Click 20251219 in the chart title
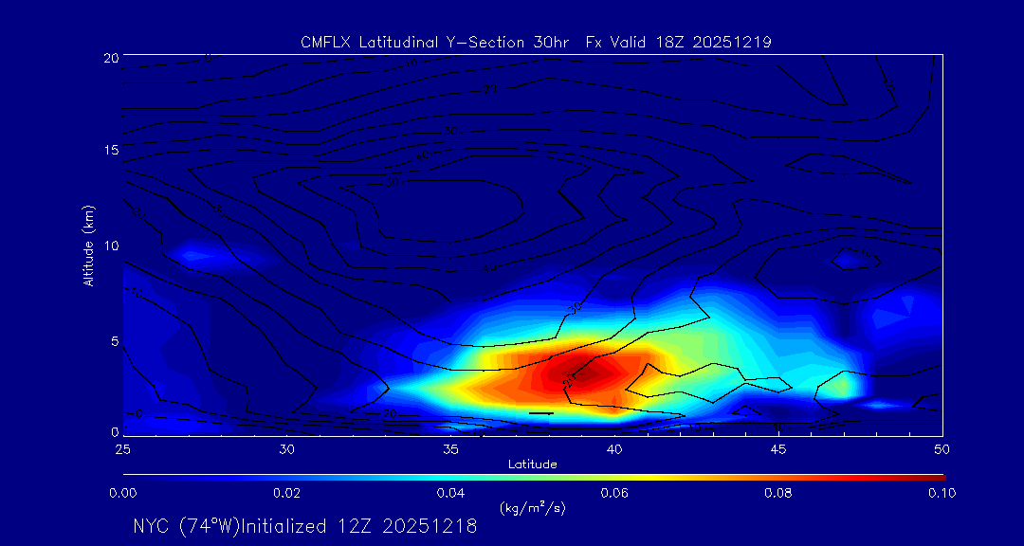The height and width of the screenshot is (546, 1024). pos(733,42)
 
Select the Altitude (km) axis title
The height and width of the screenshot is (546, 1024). pos(88,246)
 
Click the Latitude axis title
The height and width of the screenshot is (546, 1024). pos(531,464)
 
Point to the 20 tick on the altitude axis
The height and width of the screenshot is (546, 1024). pos(110,58)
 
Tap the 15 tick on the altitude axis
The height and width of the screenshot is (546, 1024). pos(110,151)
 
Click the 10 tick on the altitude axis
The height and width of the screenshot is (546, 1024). pos(110,246)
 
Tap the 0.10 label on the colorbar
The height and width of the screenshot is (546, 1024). pos(942,493)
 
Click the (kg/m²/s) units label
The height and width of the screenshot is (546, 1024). pos(532,508)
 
